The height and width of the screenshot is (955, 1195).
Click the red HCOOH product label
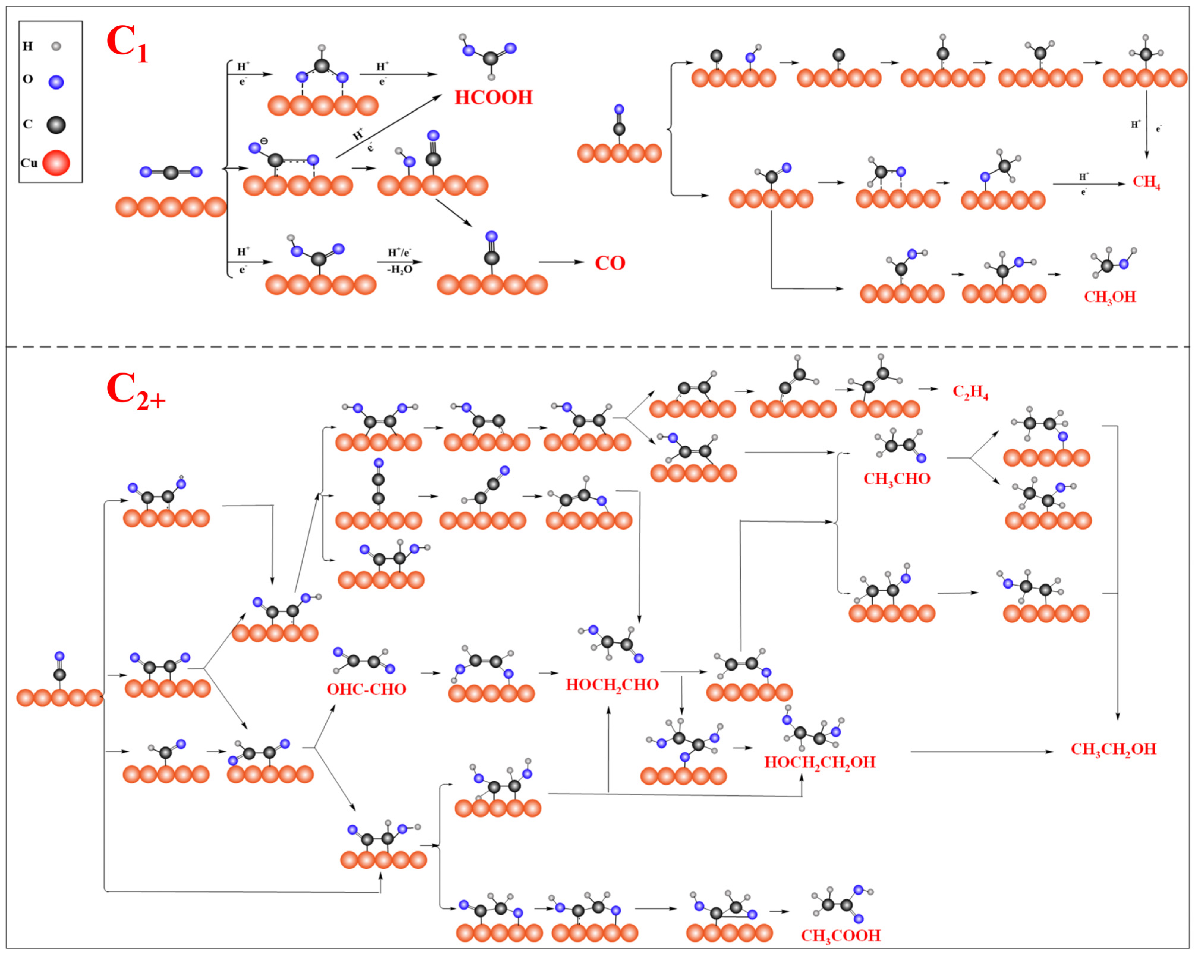493,97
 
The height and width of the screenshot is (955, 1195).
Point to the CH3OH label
1110,297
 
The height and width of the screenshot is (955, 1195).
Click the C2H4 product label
970,392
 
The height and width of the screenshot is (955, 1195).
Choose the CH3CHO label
896,479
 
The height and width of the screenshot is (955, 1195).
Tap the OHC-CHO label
366,690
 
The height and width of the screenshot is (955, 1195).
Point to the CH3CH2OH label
1113,749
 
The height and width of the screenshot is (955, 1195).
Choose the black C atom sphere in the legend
56,125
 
